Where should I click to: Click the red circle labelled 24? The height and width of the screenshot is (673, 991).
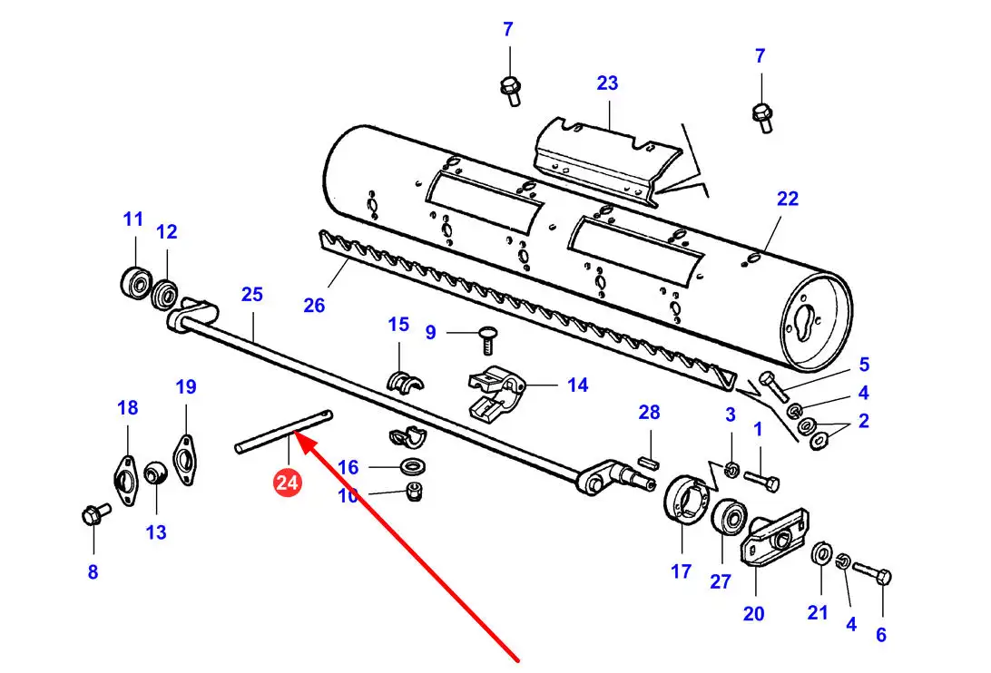pyautogui.click(x=287, y=483)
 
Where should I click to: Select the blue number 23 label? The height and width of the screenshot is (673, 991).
pyautogui.click(x=607, y=83)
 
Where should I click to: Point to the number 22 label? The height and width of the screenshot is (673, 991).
pyautogui.click(x=787, y=198)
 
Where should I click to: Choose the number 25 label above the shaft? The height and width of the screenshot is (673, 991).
pyautogui.click(x=251, y=294)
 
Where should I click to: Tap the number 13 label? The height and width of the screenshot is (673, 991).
pyautogui.click(x=156, y=532)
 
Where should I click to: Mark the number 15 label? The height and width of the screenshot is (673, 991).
pyautogui.click(x=398, y=325)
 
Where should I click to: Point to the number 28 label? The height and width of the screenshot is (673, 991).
pyautogui.click(x=649, y=413)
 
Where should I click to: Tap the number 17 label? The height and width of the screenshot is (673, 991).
pyautogui.click(x=681, y=572)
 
